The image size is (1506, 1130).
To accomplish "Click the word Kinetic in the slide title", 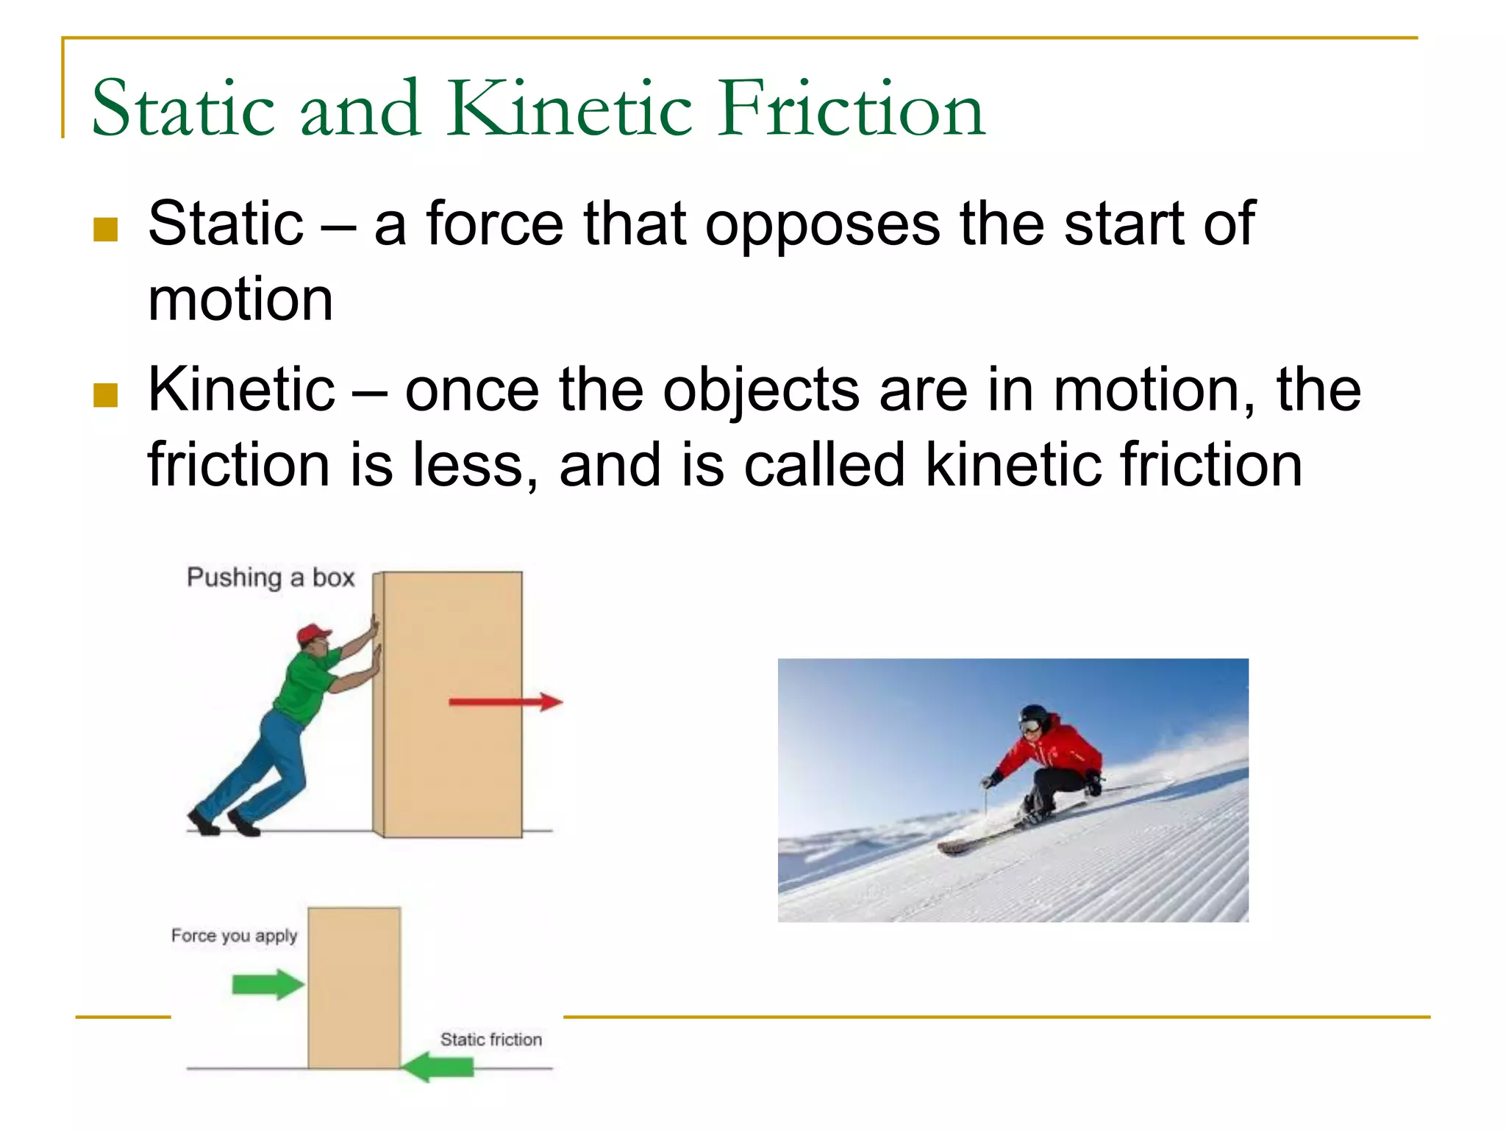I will tap(570, 110).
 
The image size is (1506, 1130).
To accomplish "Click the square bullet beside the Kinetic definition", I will tap(106, 395).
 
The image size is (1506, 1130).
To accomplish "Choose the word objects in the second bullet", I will tap(760, 391).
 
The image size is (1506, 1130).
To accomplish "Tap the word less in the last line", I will tap(475, 466).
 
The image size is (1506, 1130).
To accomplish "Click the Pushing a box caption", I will tap(271, 578).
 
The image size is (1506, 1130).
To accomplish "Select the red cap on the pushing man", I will tap(313, 633).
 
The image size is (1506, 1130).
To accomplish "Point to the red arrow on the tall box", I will tap(506, 702).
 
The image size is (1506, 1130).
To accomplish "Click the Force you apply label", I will tap(234, 935).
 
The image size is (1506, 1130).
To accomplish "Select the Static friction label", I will tap(490, 1039).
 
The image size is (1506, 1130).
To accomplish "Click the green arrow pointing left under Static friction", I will tap(439, 1066).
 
